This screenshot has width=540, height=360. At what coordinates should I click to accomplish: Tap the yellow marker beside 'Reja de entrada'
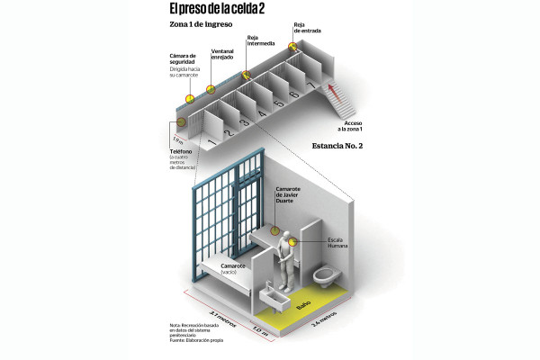point(292,45)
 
